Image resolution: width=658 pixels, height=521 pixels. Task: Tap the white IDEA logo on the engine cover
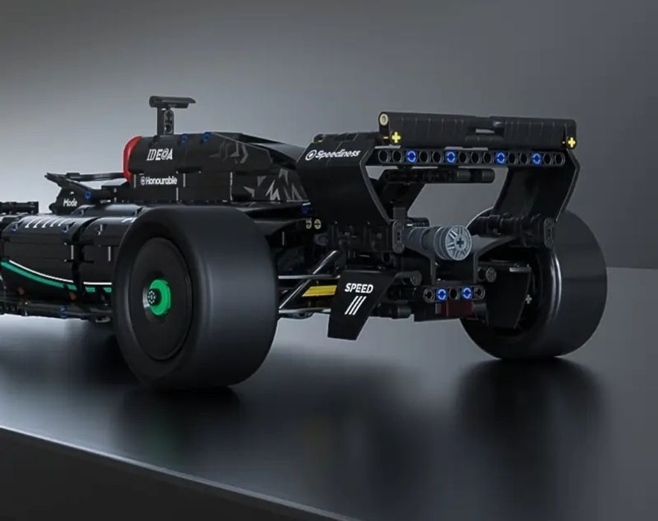click(159, 155)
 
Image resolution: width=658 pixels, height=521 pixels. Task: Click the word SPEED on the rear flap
click(358, 288)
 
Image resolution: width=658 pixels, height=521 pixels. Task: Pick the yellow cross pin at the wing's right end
click(571, 142)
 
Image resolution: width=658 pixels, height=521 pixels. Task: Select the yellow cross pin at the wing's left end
click(395, 138)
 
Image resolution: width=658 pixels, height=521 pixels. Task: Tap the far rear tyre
click(566, 298)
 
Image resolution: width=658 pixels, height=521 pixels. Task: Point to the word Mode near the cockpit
click(70, 202)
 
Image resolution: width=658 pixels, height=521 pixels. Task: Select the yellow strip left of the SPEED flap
click(319, 290)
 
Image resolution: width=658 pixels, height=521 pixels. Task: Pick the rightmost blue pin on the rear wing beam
click(536, 159)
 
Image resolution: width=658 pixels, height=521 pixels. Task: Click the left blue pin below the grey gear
click(441, 294)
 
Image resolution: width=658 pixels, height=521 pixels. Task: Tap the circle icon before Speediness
click(310, 156)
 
